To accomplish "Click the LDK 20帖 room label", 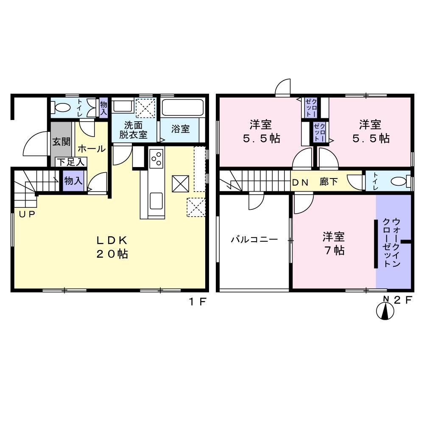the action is (112, 247).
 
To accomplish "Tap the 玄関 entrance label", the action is (61, 142).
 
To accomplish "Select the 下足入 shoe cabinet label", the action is (71, 162).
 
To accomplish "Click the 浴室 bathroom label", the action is (180, 129).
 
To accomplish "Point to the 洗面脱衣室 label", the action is (133, 130).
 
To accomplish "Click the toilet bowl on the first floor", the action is (61, 107).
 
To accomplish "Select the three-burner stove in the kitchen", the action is (156, 159).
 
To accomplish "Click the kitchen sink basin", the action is (156, 201).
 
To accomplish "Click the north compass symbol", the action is (385, 311).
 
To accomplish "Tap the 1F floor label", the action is (198, 301).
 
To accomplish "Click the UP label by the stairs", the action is (27, 215).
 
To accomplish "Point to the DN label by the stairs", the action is (300, 182).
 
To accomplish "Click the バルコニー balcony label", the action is (254, 239).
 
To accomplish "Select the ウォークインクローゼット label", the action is (391, 243).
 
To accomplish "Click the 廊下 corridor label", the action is (329, 182).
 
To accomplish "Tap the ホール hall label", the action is (92, 149).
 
